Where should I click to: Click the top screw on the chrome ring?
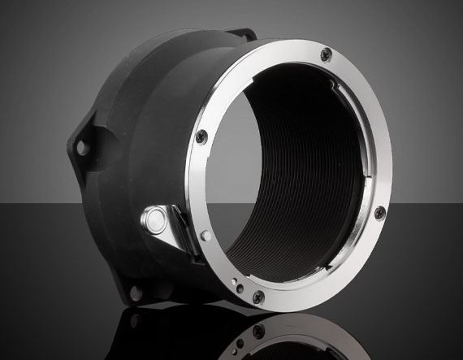coord(327,54)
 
